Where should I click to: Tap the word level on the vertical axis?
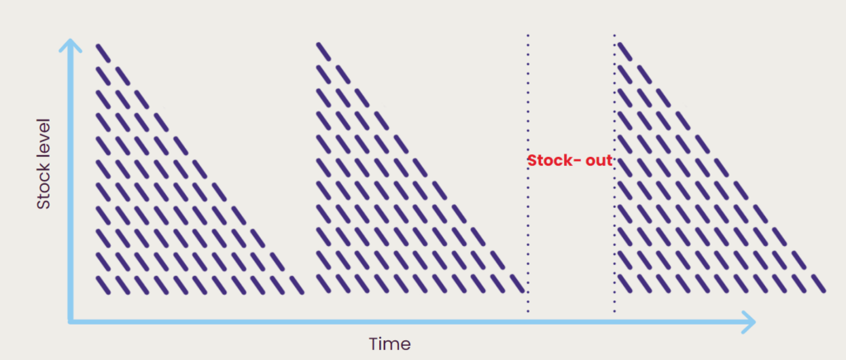[x=44, y=140]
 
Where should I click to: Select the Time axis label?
[x=389, y=343]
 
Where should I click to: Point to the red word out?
[x=599, y=160]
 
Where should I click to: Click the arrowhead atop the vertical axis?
[x=72, y=45]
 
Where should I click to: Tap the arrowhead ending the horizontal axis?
[x=749, y=321]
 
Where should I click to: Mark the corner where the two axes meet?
[x=72, y=321]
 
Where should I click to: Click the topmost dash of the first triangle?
[x=102, y=52]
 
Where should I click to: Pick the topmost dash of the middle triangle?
[x=323, y=52]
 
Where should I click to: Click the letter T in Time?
[x=373, y=343]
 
